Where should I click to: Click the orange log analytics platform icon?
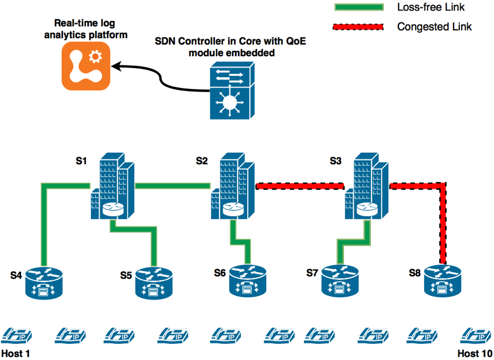tap(86, 65)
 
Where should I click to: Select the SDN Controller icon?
tap(229, 91)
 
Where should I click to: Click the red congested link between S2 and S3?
tap(299, 186)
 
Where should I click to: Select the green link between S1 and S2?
tap(174, 185)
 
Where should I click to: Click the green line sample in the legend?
tap(360, 7)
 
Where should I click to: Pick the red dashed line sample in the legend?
tap(360, 27)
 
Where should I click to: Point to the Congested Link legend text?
tap(434, 27)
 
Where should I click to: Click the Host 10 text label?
tap(475, 353)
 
